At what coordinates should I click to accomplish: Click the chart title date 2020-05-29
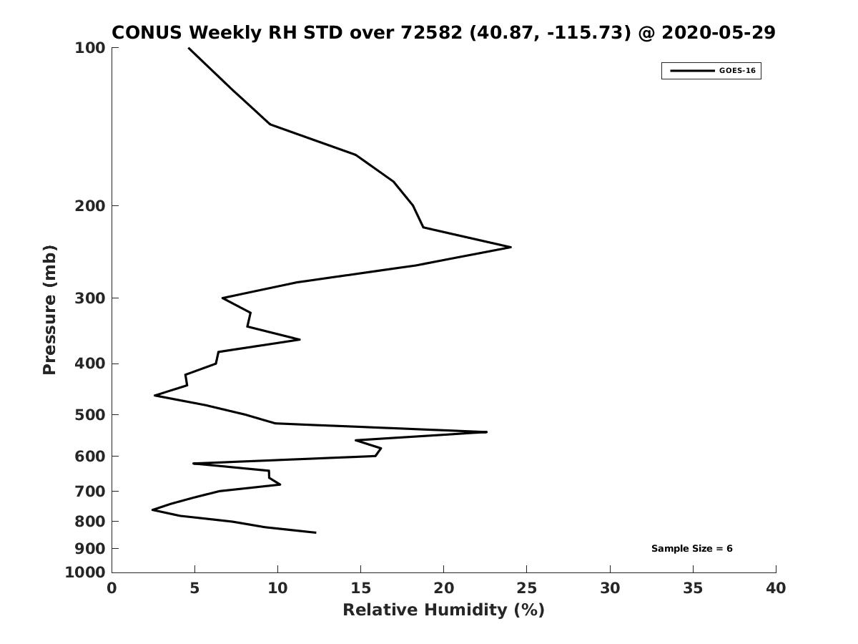click(719, 32)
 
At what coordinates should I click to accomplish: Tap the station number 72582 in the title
click(432, 32)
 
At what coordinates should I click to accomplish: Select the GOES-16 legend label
click(738, 71)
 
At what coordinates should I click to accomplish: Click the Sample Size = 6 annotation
click(692, 549)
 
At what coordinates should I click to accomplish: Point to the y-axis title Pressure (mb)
click(49, 310)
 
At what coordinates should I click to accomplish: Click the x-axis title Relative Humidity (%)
click(444, 610)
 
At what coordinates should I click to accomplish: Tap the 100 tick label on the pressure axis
click(90, 48)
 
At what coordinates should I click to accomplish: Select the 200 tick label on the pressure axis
click(90, 205)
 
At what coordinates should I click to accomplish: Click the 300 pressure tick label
click(90, 298)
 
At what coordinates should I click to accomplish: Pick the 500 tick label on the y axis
click(90, 414)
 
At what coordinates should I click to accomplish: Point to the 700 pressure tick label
click(90, 491)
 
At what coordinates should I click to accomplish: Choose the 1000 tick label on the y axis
click(85, 572)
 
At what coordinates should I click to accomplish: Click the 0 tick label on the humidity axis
click(112, 588)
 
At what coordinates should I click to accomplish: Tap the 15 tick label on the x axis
click(361, 588)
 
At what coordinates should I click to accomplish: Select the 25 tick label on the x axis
click(526, 588)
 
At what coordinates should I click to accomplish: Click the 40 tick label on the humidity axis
click(776, 588)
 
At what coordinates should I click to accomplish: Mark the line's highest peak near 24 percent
click(511, 247)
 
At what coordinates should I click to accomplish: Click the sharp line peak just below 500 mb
click(487, 432)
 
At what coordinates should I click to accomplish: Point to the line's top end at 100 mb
click(189, 48)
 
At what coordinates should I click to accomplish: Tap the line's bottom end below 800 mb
click(315, 532)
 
